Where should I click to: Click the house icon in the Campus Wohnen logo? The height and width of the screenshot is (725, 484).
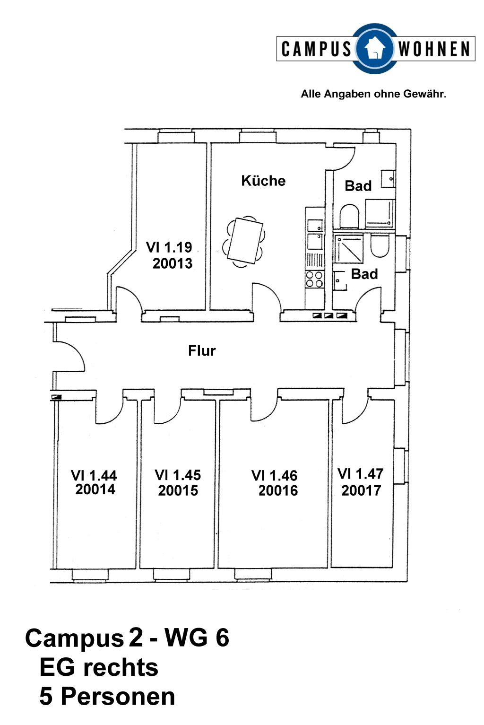(375, 49)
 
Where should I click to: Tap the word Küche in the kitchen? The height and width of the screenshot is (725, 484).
(263, 181)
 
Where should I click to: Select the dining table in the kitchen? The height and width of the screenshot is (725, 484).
(245, 240)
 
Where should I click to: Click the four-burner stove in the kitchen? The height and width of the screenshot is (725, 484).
(314, 280)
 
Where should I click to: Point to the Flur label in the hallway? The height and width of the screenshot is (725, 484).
(202, 351)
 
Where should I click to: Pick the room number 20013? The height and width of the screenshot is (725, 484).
(173, 263)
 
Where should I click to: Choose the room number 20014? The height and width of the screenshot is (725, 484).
(95, 489)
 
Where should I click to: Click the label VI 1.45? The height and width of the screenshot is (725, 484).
(178, 475)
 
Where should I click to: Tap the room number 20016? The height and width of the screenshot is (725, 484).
(278, 491)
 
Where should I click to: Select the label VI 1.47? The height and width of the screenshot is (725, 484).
(361, 474)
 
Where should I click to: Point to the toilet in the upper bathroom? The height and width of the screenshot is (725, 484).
(349, 216)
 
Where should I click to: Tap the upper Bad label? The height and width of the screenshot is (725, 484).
(358, 186)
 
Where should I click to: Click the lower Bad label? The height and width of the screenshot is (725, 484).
(364, 274)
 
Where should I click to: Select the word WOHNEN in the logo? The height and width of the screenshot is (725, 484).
(434, 49)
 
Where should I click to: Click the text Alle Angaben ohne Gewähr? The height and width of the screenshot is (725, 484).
(373, 94)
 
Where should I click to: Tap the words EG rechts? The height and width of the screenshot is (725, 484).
(99, 668)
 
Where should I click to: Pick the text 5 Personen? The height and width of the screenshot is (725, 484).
(107, 697)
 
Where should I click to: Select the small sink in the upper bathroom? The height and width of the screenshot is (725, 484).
(388, 179)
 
